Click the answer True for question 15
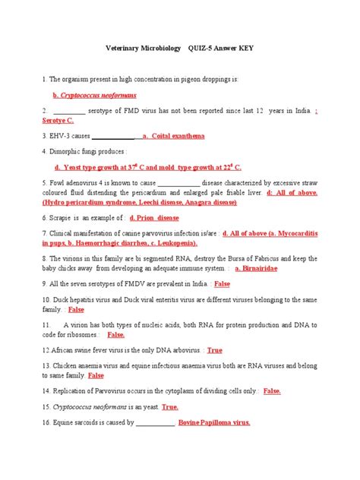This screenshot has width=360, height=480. [170, 407]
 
